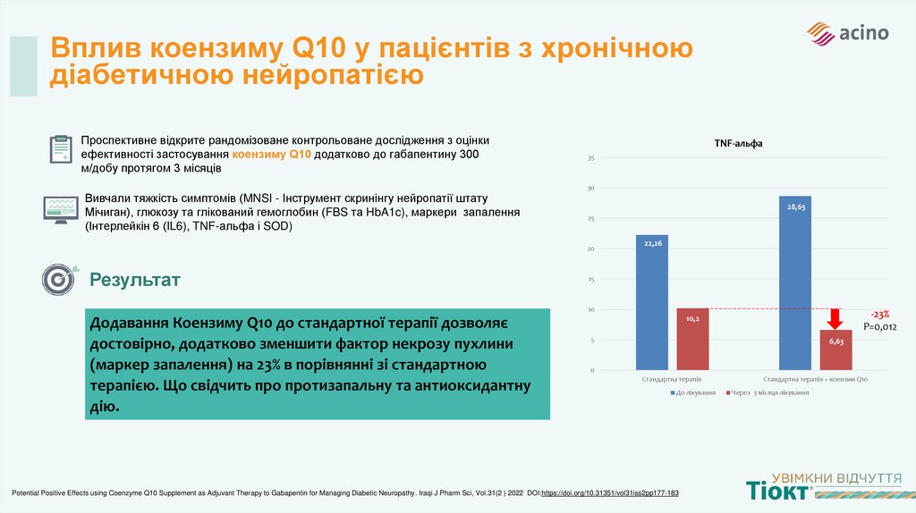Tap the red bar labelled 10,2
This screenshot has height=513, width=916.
coord(692,339)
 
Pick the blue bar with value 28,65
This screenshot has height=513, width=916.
coord(795,282)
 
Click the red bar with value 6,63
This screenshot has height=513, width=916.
coord(835,349)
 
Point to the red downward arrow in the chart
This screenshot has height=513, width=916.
coord(835,320)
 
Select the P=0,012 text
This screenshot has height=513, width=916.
coord(879,327)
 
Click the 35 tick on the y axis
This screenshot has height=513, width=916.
coord(590,158)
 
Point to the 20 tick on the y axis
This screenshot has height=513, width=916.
coord(590,249)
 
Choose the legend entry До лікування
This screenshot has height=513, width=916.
coord(694,392)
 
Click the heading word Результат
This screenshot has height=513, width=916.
coord(134,281)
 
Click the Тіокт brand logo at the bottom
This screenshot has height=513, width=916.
coord(778,489)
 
